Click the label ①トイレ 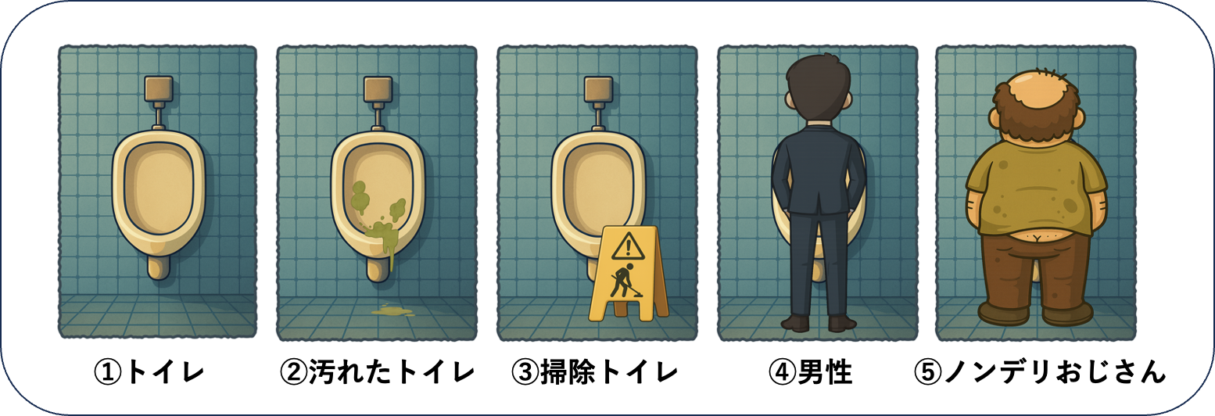(149, 373)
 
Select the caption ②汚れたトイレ (378, 373)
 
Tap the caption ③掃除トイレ (594, 373)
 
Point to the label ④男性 (810, 373)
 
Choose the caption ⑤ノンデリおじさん (1040, 373)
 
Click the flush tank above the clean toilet (159, 89)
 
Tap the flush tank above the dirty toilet (378, 89)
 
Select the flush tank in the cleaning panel (599, 89)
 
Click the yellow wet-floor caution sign (629, 274)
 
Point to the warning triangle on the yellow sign (628, 246)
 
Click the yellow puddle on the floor (392, 310)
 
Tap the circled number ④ (782, 373)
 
